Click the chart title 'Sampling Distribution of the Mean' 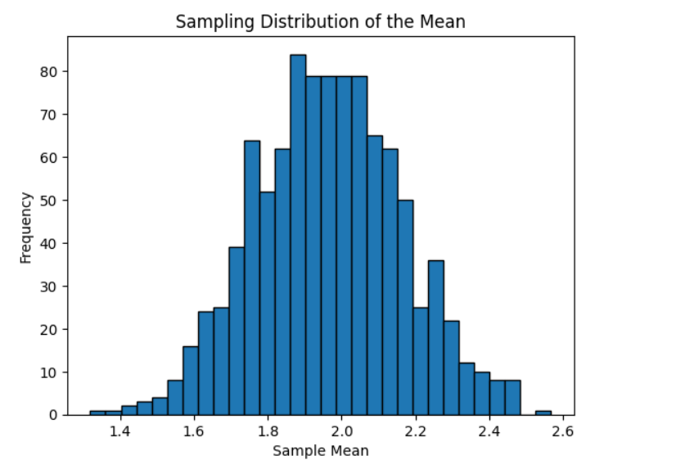click(x=320, y=22)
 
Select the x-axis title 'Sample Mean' click(x=320, y=451)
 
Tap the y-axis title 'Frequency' click(x=26, y=227)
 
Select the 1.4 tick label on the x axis click(x=121, y=431)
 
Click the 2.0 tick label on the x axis click(x=342, y=431)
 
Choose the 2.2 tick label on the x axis click(x=416, y=431)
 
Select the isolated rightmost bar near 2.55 click(x=543, y=413)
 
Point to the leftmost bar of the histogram click(x=97, y=413)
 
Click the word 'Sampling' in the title click(x=205, y=22)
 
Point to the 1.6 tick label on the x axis click(x=195, y=431)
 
